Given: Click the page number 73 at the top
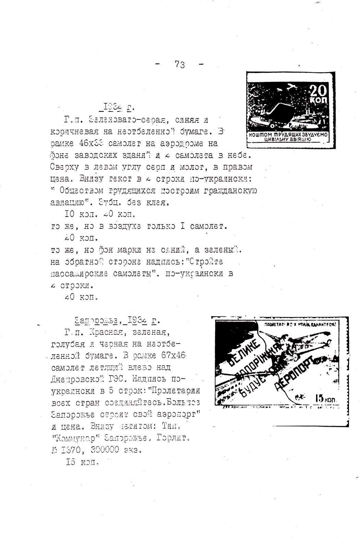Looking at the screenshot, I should coord(179,64).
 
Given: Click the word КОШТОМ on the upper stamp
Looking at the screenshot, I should coord(261,136).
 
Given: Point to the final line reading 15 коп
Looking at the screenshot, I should coord(82,462).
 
